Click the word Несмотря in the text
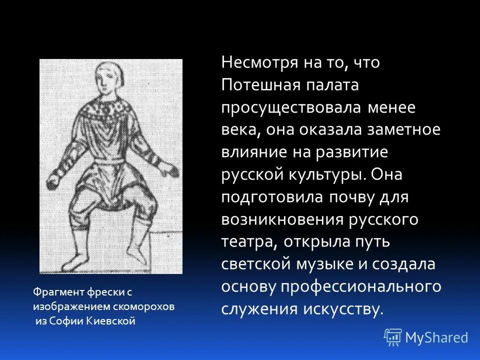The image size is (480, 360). click(254, 63)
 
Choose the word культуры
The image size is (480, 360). click(328, 174)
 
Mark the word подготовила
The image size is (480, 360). click(271, 197)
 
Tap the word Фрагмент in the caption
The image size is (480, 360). click(52, 291)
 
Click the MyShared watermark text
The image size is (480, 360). click(436, 337)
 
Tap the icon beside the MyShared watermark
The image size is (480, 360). click(392, 337)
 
